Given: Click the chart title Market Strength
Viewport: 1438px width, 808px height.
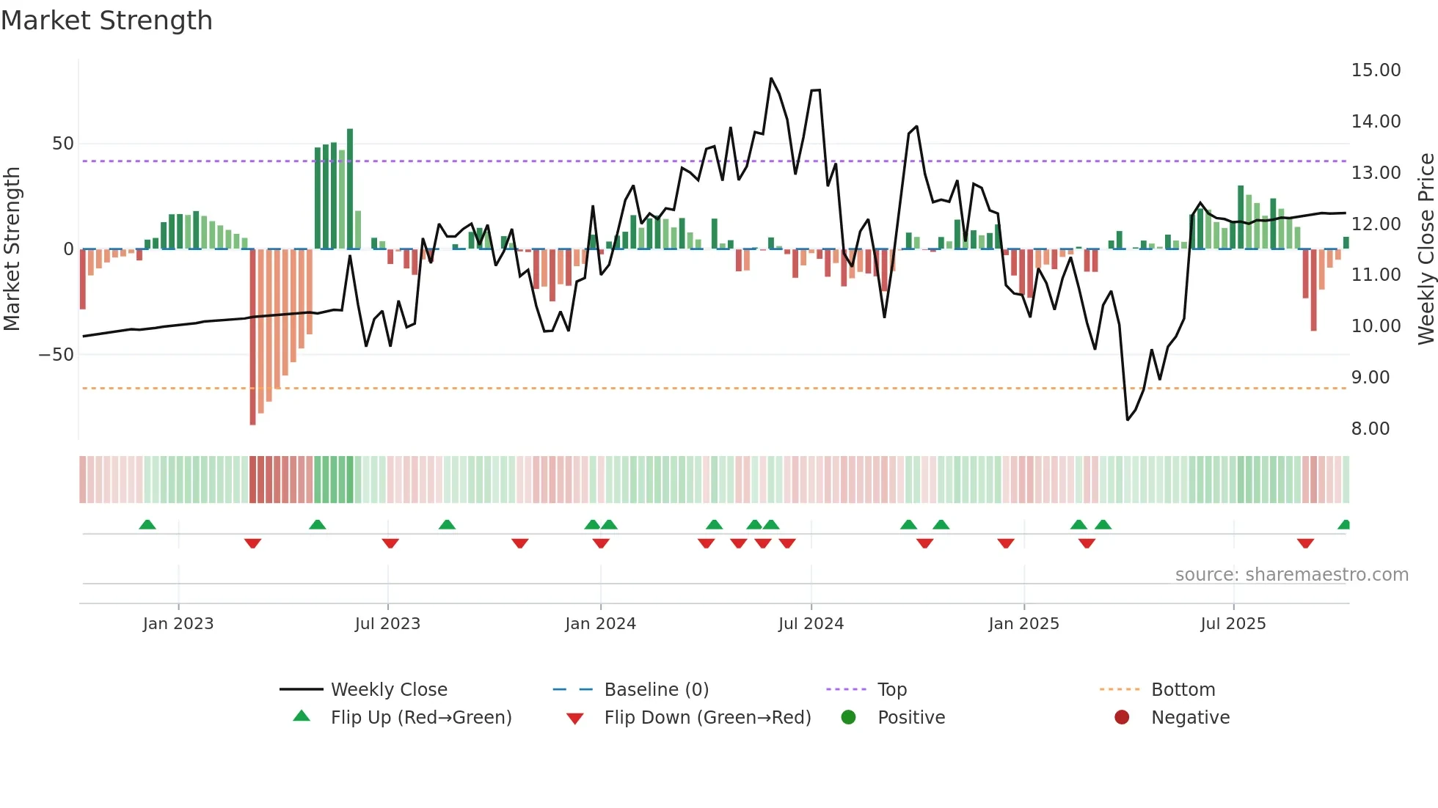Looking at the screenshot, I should point(106,21).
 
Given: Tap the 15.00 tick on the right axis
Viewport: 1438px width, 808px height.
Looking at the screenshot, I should point(1376,70).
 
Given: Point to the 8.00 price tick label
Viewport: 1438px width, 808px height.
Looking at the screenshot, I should point(1370,429).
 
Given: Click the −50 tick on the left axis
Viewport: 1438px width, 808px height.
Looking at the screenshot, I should point(56,355).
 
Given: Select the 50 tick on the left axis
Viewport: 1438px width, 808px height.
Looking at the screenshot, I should point(62,144).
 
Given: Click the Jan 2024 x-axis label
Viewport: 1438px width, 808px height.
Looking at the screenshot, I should point(600,624).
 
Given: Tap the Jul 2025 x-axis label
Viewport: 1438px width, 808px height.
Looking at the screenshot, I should point(1233,624).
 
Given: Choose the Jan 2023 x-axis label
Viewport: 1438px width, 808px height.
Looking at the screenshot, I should point(178,624).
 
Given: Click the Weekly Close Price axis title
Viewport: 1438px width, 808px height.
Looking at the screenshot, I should point(1426,249).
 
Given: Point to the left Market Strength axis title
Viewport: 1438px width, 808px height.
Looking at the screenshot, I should point(12,249).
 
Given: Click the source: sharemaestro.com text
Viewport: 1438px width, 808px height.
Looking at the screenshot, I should point(1291,575).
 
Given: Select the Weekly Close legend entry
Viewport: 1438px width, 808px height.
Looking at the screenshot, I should point(388,690).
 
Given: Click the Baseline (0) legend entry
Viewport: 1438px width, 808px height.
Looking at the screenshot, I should point(656,690).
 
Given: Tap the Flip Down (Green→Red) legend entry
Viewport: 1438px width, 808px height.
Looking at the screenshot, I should point(707,718).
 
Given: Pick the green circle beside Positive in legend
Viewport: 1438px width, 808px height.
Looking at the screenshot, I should point(849,718).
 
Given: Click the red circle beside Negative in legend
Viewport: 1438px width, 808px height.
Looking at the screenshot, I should point(1122,718).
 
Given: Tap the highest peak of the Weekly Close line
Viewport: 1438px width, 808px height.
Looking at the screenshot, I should point(771,78).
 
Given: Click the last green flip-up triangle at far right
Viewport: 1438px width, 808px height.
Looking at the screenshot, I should point(1344,525).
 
